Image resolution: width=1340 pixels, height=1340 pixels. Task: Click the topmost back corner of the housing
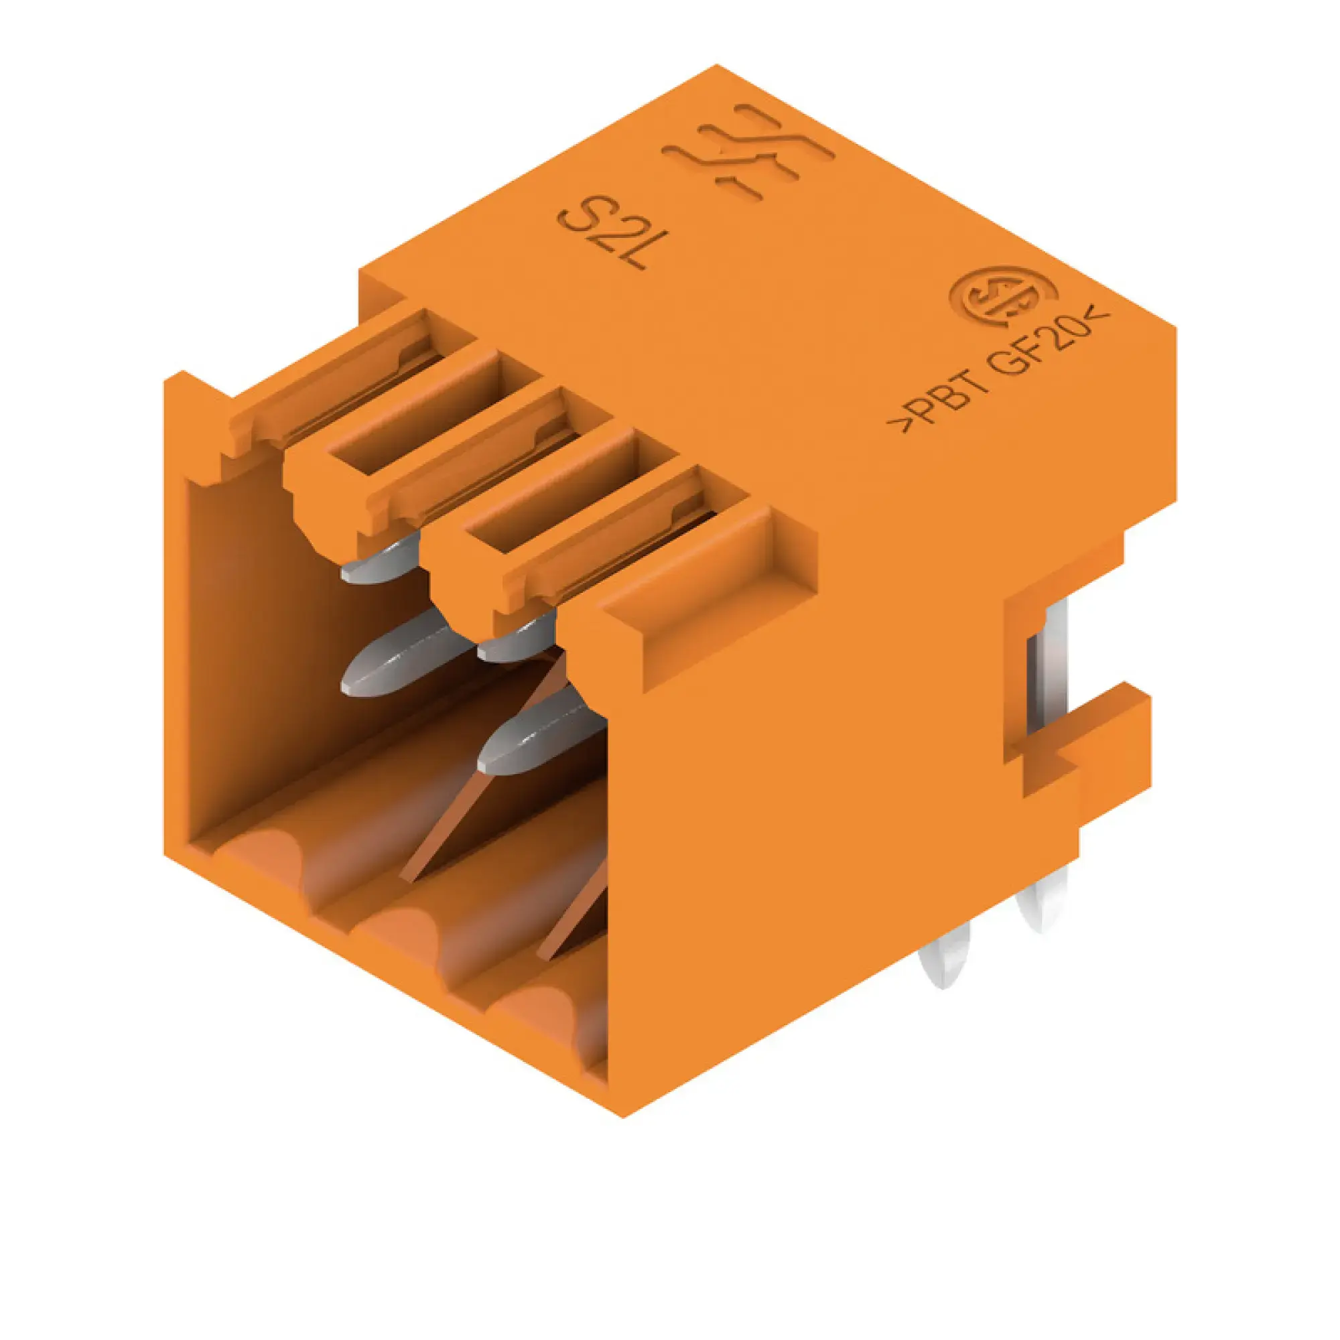pyautogui.click(x=717, y=66)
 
